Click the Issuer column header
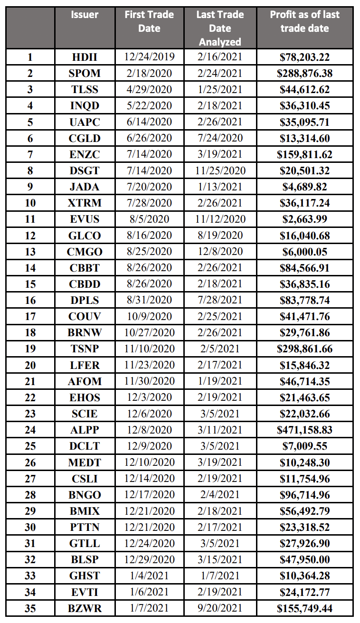pos(85,15)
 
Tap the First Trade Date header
pos(149,21)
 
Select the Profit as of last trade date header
pos(304,21)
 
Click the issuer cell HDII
pos(85,57)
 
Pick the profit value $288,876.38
pos(304,74)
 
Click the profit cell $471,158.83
pos(304,430)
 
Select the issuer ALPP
pos(85,430)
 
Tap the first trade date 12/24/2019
pos(149,57)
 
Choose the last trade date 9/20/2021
pos(220,608)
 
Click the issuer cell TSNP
pos(85,349)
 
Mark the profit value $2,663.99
pos(304,219)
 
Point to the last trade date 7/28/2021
pos(220,300)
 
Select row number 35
pos(30,608)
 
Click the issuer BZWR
pos(85,608)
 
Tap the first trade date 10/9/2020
pos(149,317)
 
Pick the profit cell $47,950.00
pos(304,560)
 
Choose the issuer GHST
pos(85,576)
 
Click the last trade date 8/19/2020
pos(220,236)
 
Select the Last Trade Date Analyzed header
pos(220,28)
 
